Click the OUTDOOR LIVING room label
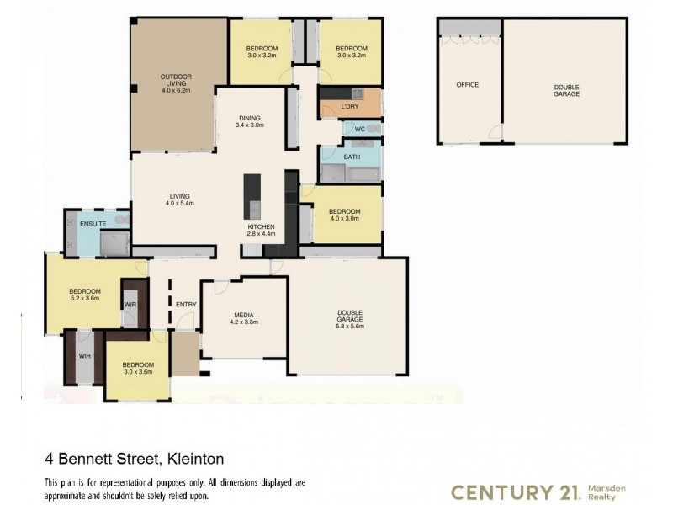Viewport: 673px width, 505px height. coord(176,81)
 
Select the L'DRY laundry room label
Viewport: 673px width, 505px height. coord(349,106)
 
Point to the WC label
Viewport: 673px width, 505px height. coord(358,130)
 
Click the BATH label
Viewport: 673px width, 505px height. coord(351,157)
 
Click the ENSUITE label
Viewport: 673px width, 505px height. coord(92,224)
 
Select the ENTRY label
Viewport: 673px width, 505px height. coord(186,304)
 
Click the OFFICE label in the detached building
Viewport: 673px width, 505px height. coord(468,86)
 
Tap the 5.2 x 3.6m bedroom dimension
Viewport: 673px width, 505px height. coord(85,297)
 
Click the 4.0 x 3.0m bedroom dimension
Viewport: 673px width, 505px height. coord(345,218)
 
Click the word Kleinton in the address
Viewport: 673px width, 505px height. coord(196,460)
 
